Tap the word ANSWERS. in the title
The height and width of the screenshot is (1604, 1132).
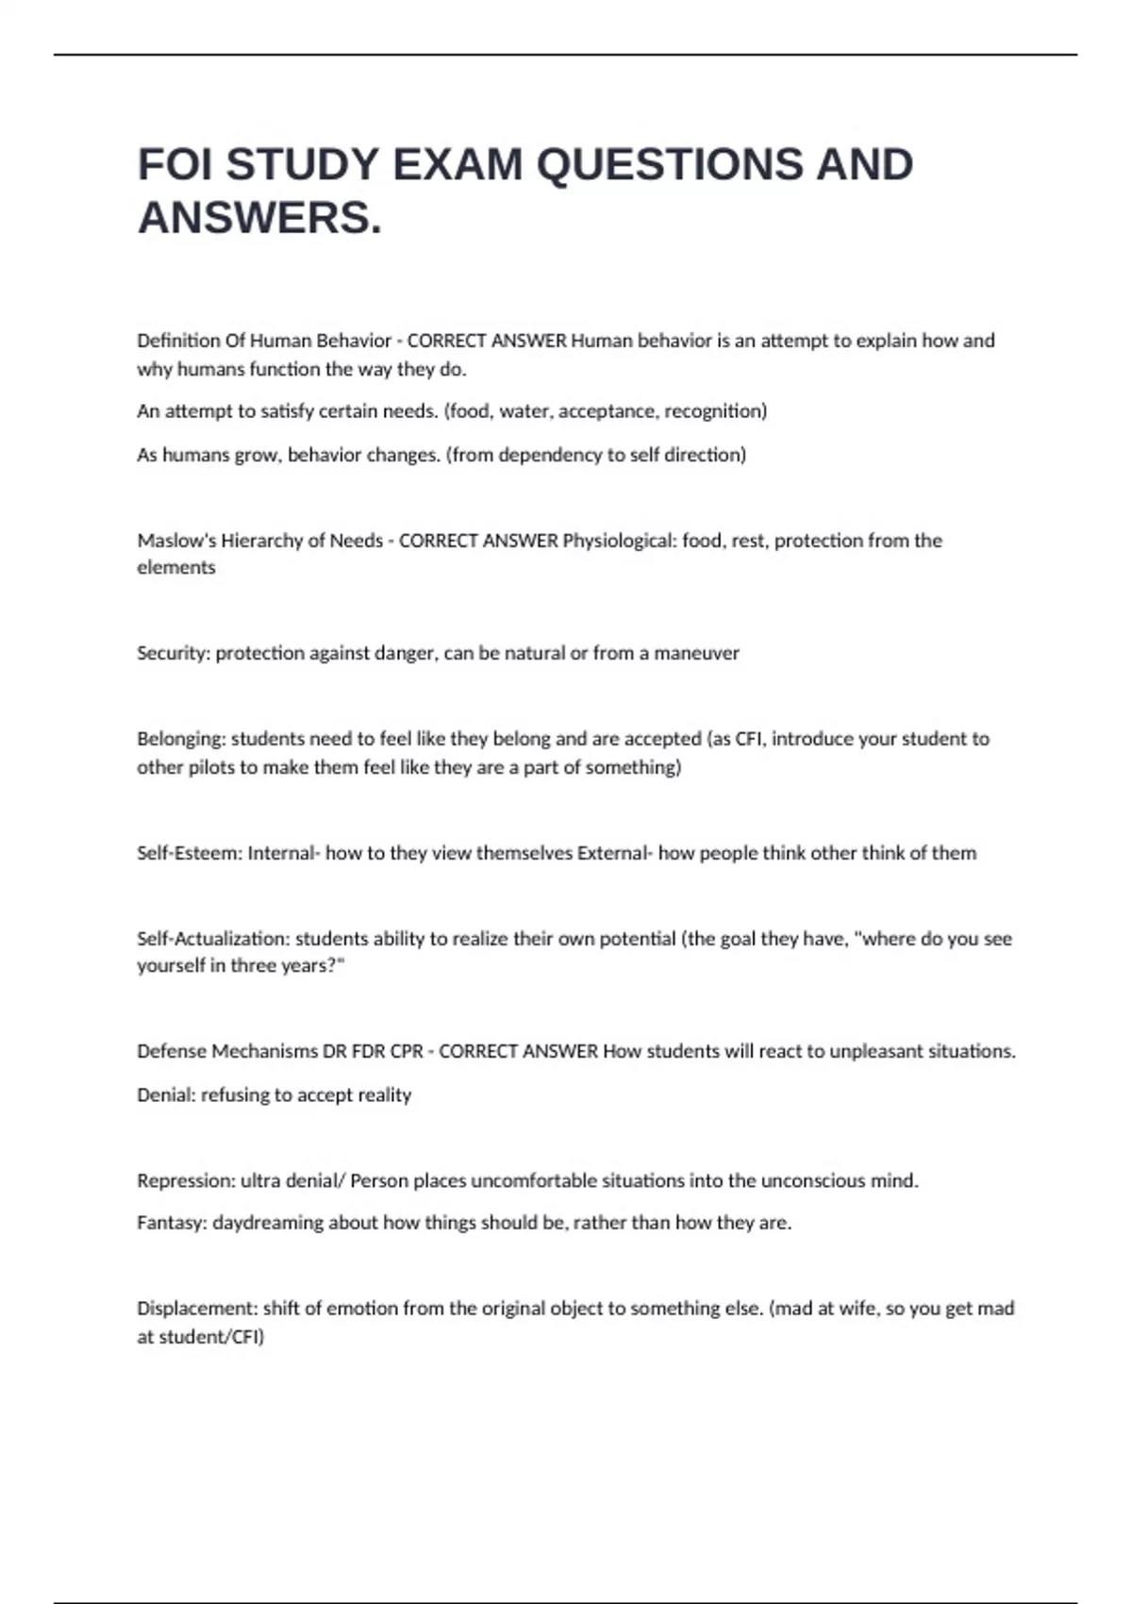pyautogui.click(x=260, y=218)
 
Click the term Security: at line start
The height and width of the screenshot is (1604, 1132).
pyautogui.click(x=174, y=653)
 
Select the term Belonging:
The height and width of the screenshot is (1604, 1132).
pyautogui.click(x=181, y=739)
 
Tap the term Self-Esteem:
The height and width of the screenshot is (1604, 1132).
pyautogui.click(x=190, y=853)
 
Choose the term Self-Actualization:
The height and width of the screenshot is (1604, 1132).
pyautogui.click(x=213, y=939)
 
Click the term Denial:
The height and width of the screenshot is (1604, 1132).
pyautogui.click(x=166, y=1094)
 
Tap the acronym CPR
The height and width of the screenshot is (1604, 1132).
pyautogui.click(x=408, y=1051)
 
